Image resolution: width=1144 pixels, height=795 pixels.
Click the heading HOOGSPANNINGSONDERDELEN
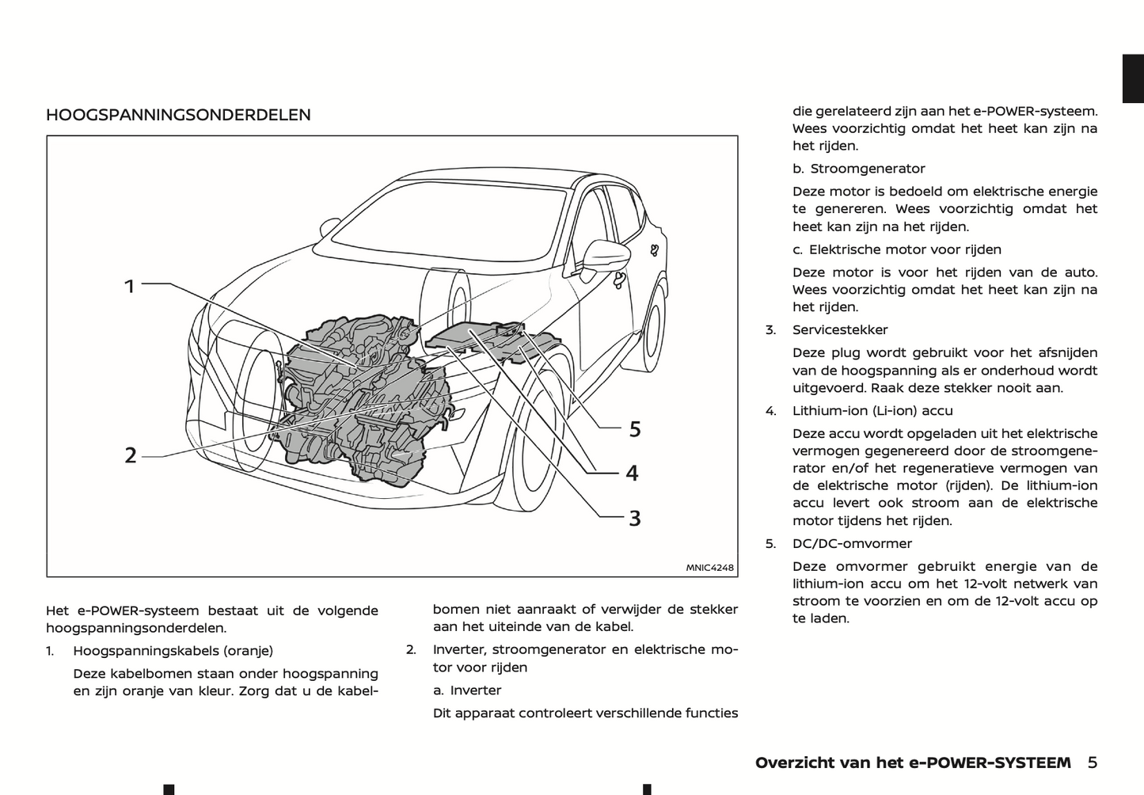coord(178,115)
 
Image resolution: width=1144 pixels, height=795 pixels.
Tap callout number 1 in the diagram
coord(130,286)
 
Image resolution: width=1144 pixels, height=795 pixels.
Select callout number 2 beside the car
coord(131,455)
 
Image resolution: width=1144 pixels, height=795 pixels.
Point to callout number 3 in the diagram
coord(634,519)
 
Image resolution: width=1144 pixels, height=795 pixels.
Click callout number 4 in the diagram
coord(632,473)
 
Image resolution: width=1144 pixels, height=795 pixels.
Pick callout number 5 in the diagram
coord(634,429)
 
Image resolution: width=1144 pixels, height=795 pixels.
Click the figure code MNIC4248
coord(709,567)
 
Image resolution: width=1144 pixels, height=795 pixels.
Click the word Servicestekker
coord(840,330)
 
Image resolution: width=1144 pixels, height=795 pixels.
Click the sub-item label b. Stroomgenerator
coord(859,169)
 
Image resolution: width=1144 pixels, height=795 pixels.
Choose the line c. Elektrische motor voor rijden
coord(897,249)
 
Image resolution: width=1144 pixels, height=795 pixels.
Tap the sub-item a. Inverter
coord(467,690)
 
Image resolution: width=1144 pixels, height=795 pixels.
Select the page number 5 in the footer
coord(1092,763)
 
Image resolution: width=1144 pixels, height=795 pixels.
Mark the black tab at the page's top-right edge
coord(1133,78)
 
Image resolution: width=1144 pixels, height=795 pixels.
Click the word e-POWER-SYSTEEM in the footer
coord(998,763)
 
